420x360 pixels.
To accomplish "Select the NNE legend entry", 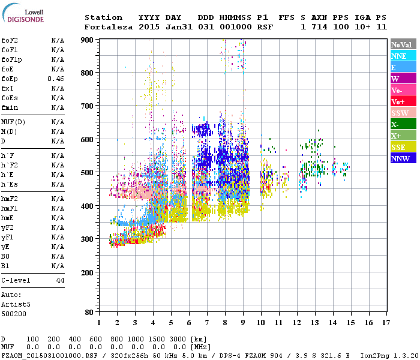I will click(403, 56).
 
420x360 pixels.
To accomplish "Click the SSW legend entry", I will click(403, 113).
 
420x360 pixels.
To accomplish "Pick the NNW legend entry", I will click(403, 159).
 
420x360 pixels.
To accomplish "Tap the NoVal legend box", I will click(403, 44).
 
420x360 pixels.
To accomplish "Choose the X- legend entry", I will click(403, 124).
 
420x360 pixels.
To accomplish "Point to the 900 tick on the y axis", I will click(88, 40).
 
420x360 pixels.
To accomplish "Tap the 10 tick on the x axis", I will click(261, 323).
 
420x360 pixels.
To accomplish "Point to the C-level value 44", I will click(60, 280).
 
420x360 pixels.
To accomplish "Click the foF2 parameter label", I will click(8, 41).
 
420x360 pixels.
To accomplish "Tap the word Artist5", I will click(16, 304).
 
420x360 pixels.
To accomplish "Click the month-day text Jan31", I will click(178, 27).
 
